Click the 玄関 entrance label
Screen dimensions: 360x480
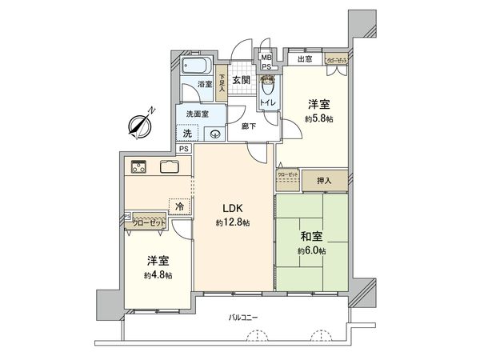coord(242,81)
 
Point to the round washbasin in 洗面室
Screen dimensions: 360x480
coord(214,134)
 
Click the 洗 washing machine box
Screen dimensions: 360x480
coord(186,134)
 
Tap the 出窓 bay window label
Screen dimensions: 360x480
coord(305,59)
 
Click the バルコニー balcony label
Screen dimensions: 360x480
coord(243,318)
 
